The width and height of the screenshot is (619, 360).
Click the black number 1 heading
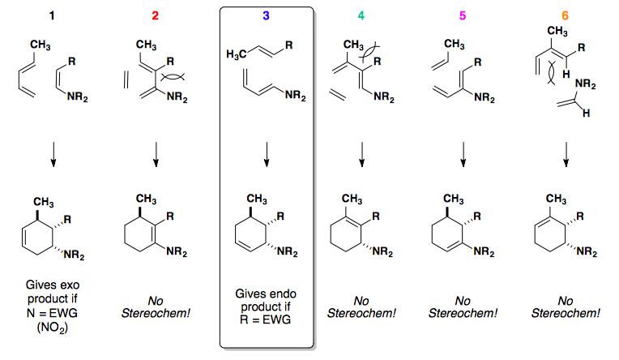click(53, 15)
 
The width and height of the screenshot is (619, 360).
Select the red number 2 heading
click(158, 15)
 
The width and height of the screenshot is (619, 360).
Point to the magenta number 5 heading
click(463, 15)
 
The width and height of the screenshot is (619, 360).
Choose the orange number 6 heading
click(565, 15)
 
